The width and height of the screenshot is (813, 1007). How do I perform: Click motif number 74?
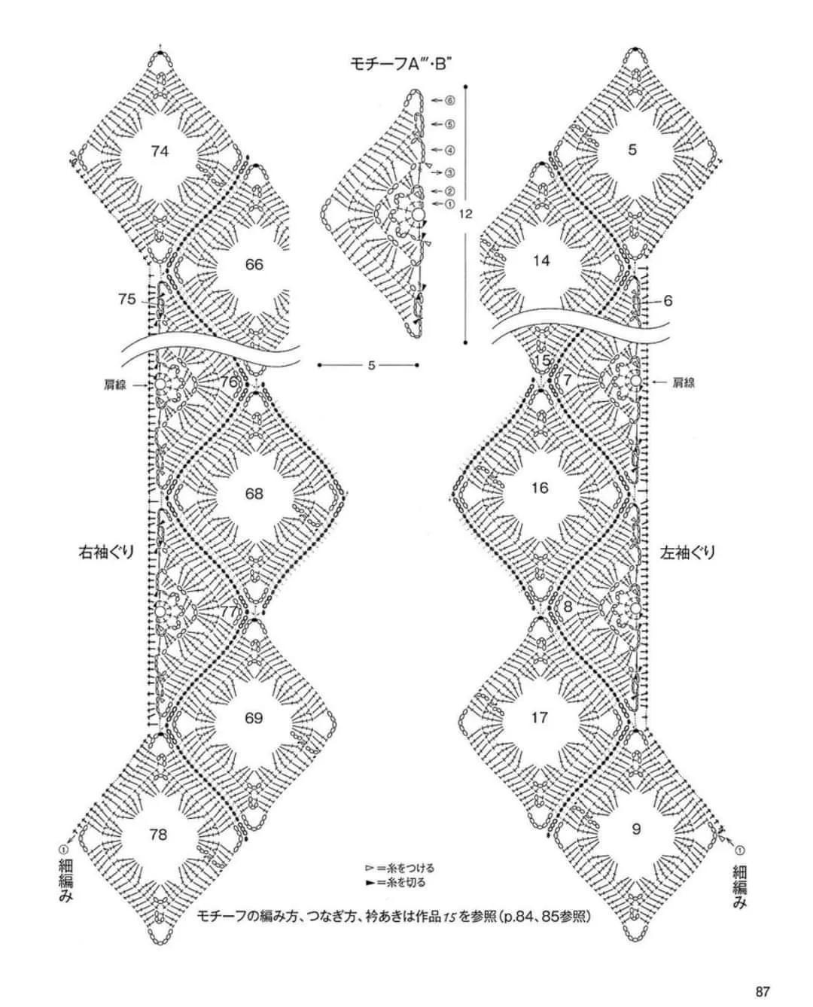pyautogui.click(x=160, y=151)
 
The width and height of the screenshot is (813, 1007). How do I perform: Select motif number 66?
pyautogui.click(x=254, y=264)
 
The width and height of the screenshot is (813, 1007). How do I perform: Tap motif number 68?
pyautogui.click(x=254, y=494)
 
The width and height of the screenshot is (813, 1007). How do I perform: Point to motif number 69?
pyautogui.click(x=254, y=718)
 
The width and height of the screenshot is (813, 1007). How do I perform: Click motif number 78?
pyautogui.click(x=159, y=835)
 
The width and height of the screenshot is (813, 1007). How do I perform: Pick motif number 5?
pyautogui.click(x=632, y=150)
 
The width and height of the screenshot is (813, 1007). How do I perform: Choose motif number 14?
pyautogui.click(x=541, y=261)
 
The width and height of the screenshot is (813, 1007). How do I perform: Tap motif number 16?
pyautogui.click(x=539, y=488)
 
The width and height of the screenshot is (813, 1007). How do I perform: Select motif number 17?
pyautogui.click(x=539, y=717)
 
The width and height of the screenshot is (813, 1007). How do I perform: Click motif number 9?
pyautogui.click(x=636, y=829)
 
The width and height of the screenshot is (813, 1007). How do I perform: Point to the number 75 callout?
pyautogui.click(x=126, y=300)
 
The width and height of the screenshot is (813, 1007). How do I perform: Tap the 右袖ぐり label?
pyautogui.click(x=107, y=552)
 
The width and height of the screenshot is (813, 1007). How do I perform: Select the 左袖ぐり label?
pyautogui.click(x=687, y=552)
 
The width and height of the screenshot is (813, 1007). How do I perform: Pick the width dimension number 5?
pyautogui.click(x=371, y=366)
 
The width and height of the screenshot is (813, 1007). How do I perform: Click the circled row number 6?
pyautogui.click(x=449, y=99)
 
